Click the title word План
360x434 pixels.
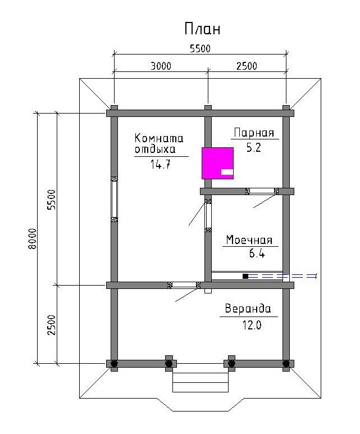coord(202,28)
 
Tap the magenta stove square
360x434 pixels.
coord(217,163)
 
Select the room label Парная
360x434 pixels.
coord(254,133)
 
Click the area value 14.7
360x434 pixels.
coord(161,164)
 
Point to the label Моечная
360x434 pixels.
coord(249,239)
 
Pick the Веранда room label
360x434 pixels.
coord(248,308)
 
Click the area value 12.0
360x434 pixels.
coord(252,325)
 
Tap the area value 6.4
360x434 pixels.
coord(257,253)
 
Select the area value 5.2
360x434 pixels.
coord(253,148)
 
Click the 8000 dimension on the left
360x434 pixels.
coord(33,238)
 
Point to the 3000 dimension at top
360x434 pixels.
coord(161,66)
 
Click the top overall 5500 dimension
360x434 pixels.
coord(200,48)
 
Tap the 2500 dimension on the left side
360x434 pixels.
coord(52,325)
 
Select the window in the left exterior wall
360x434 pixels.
coord(114,199)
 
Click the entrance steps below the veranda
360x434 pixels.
coord(200,382)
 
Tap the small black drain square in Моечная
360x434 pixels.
coord(245,276)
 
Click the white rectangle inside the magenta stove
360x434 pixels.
coord(227,172)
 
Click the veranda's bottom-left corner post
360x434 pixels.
coord(114,363)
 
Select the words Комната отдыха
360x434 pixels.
coord(159,144)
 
